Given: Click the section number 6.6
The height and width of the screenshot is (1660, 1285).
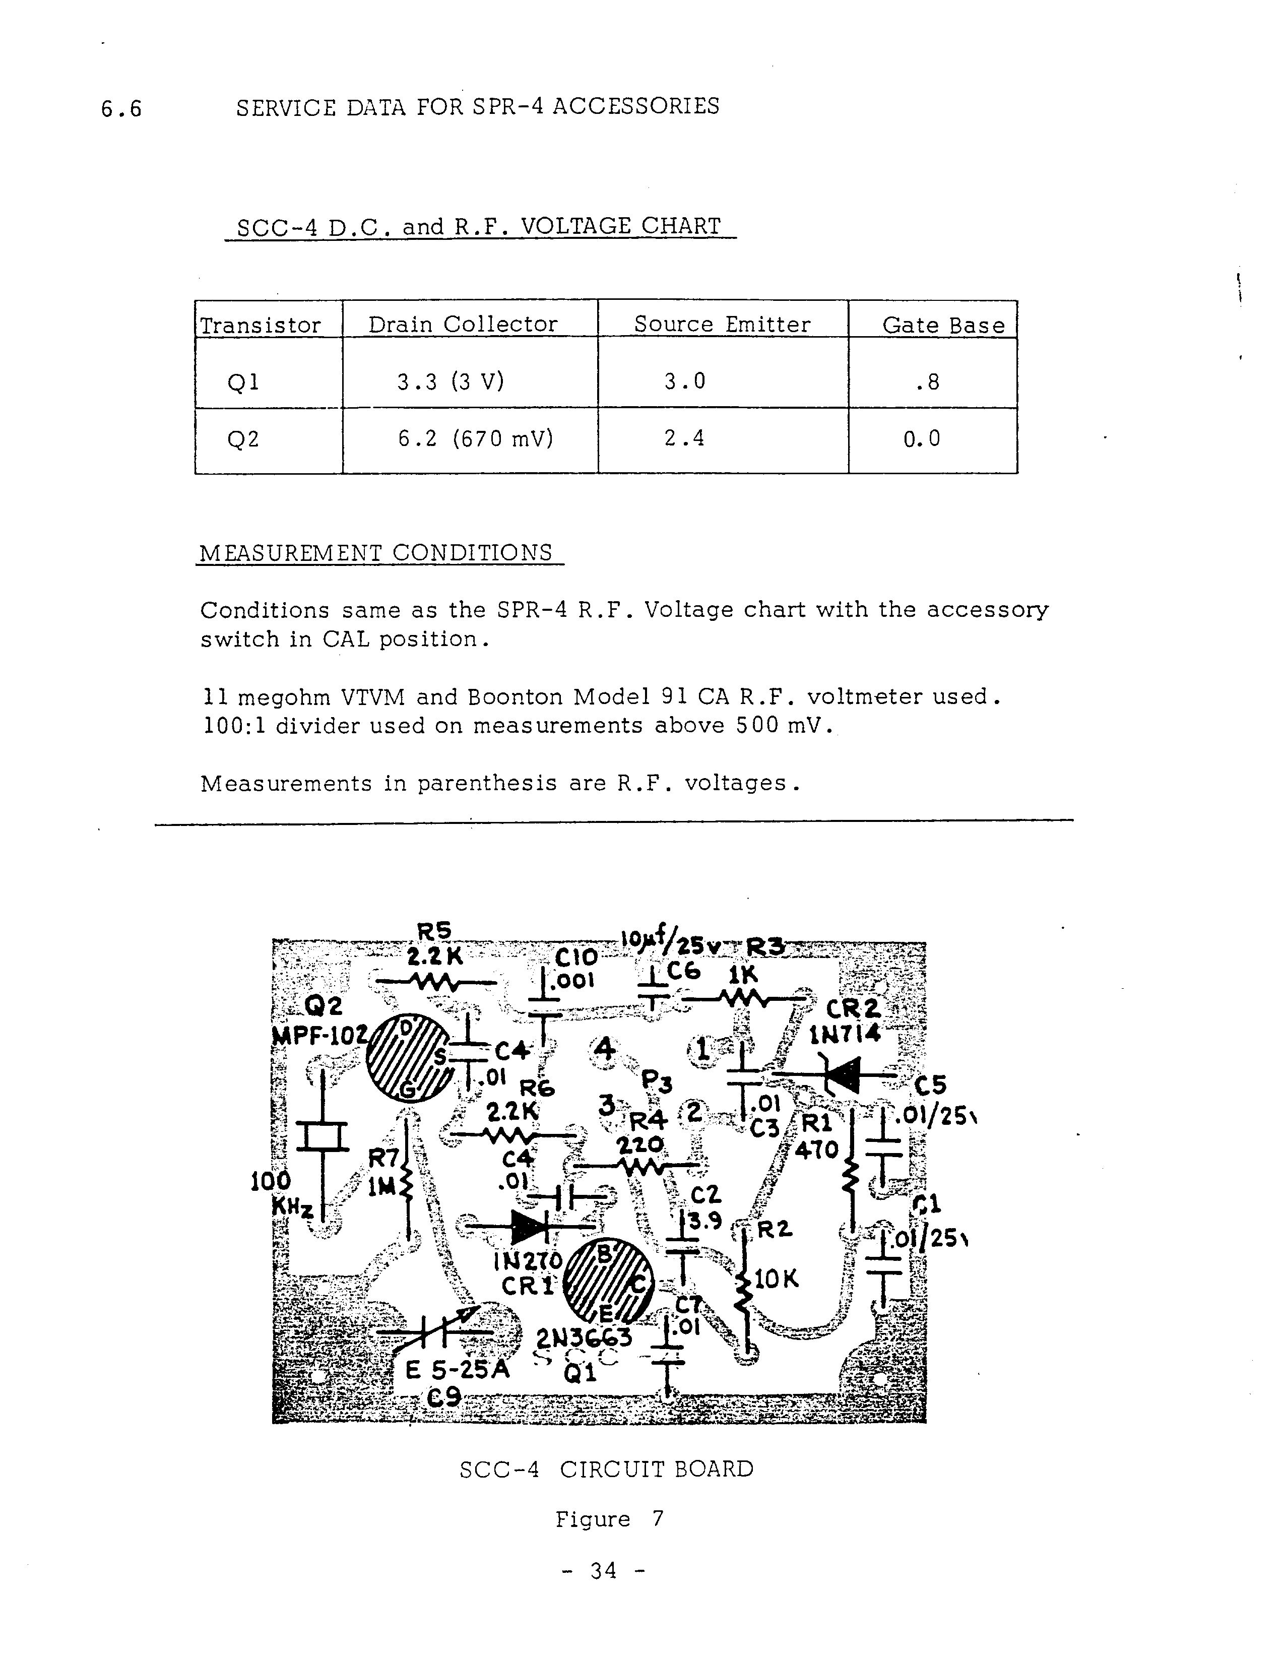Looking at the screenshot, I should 121,109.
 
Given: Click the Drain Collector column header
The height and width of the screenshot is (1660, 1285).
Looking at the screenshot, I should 463,325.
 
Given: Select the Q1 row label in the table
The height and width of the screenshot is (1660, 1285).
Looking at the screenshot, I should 243,381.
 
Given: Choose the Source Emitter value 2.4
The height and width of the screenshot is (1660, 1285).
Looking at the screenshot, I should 684,438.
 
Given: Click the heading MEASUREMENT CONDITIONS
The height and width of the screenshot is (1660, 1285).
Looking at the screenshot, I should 375,552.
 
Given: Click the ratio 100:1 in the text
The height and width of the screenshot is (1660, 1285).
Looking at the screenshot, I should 232,726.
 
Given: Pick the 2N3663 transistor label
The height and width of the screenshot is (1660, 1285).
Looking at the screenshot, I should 584,1338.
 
